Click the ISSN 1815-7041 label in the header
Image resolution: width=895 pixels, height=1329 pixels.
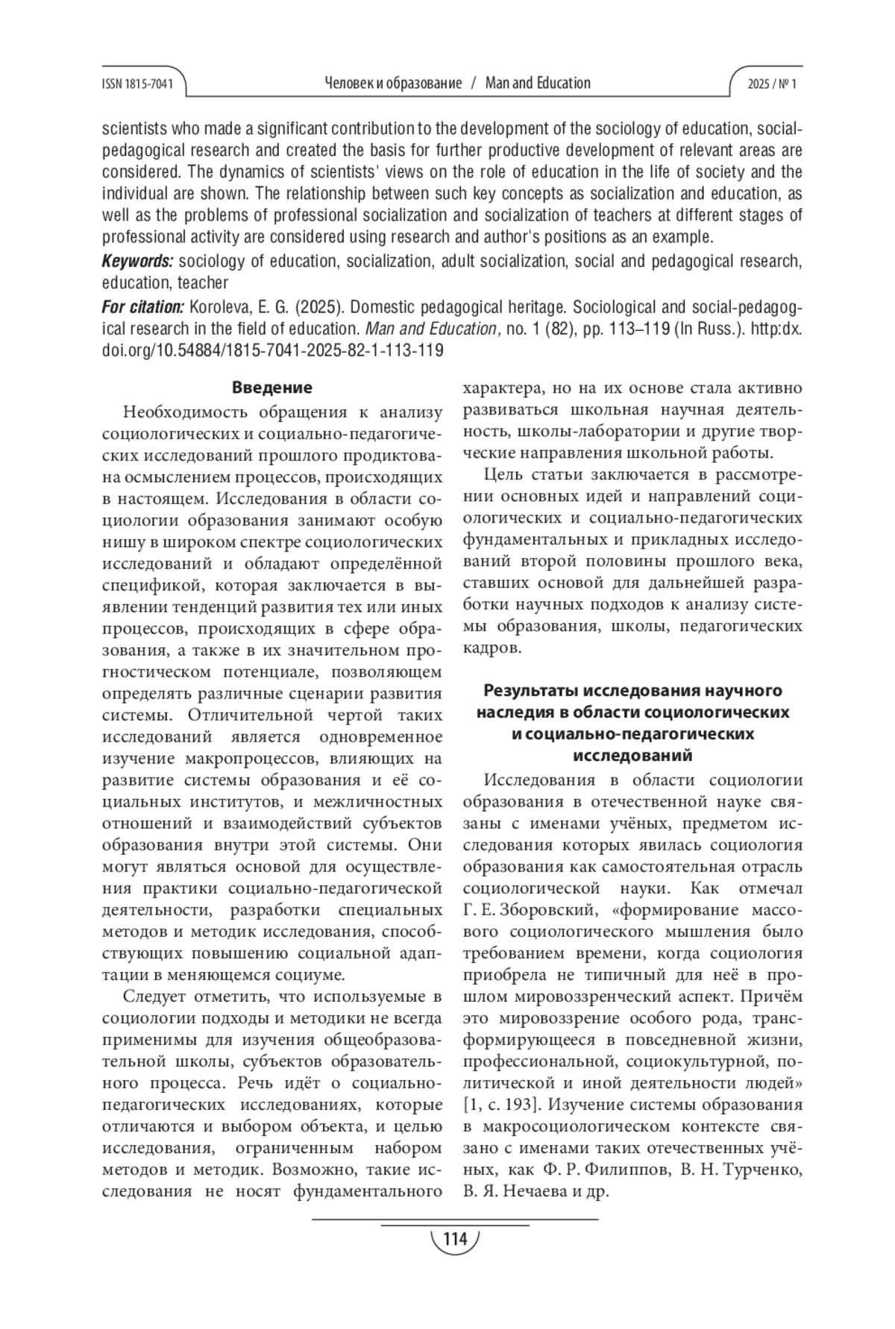(x=136, y=84)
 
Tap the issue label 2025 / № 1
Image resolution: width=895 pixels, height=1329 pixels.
(x=772, y=84)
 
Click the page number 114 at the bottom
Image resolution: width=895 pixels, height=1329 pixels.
(x=454, y=1239)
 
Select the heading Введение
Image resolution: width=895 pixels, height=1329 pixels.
(x=271, y=388)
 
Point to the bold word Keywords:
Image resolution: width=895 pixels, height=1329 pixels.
(x=137, y=262)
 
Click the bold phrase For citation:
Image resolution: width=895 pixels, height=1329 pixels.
(x=142, y=307)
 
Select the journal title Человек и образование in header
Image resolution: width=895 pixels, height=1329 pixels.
(x=393, y=83)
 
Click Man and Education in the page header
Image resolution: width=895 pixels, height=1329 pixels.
(x=538, y=83)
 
